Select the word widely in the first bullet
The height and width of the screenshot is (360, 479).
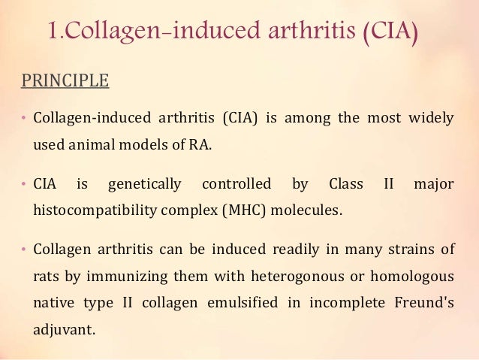click(x=432, y=119)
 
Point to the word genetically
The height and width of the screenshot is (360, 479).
click(x=145, y=183)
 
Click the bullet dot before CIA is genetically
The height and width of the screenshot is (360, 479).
click(x=23, y=184)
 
